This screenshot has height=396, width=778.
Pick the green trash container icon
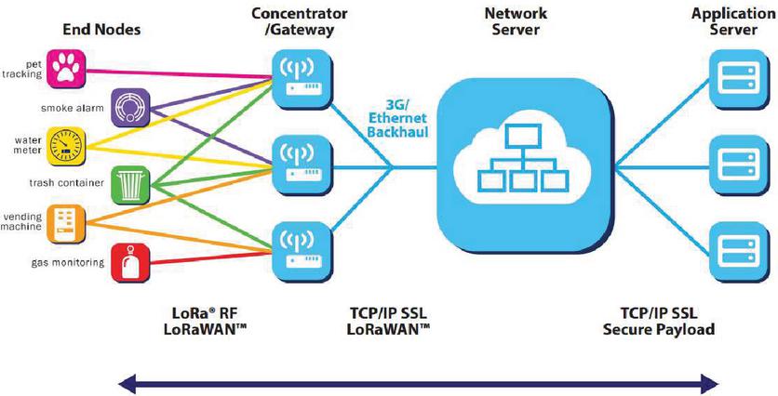coord(128,184)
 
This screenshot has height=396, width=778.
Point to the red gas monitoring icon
coord(128,261)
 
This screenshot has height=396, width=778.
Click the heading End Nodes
coord(101,30)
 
